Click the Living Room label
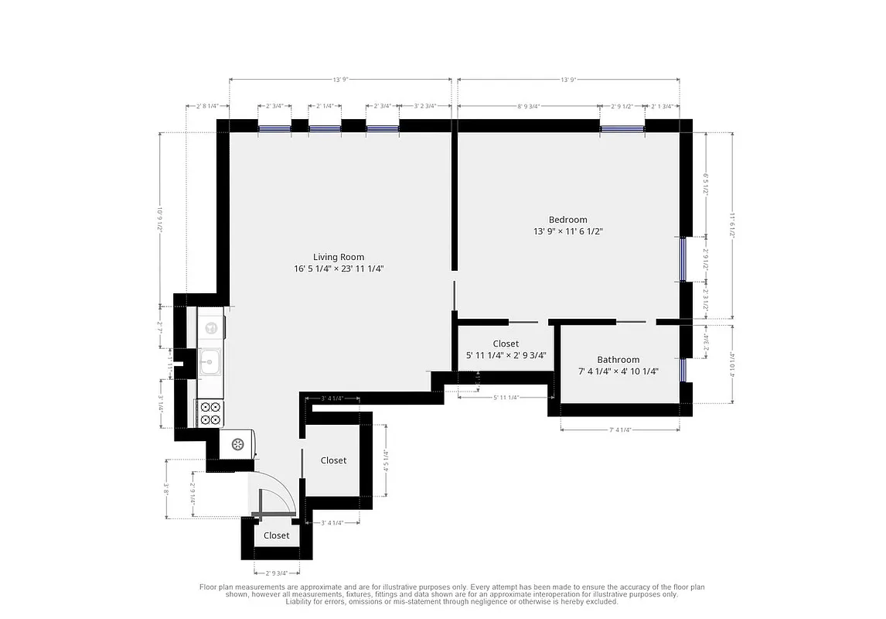pyautogui.click(x=338, y=257)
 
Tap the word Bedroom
pyautogui.click(x=567, y=220)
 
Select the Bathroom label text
pyautogui.click(x=618, y=360)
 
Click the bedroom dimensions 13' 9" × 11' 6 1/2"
pyautogui.click(x=567, y=231)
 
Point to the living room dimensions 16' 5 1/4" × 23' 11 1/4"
pyautogui.click(x=338, y=269)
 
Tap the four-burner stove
pyautogui.click(x=210, y=413)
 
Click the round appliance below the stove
pyautogui.click(x=237, y=444)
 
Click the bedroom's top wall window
pyautogui.click(x=622, y=128)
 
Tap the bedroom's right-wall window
pyautogui.click(x=683, y=258)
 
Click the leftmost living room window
pyautogui.click(x=274, y=128)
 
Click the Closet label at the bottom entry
pyautogui.click(x=276, y=535)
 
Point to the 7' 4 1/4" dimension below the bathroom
pyautogui.click(x=620, y=429)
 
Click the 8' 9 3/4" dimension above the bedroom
pyautogui.click(x=528, y=106)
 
